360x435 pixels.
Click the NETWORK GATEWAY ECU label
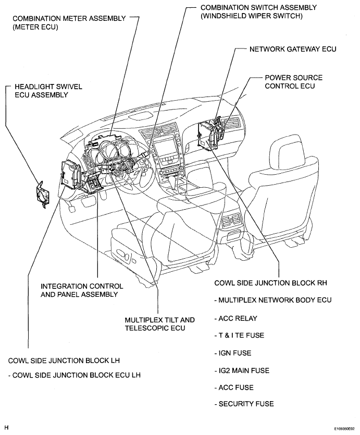(x=293, y=49)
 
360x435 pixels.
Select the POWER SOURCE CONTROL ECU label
(x=293, y=81)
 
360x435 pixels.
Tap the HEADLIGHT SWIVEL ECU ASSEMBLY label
(x=48, y=91)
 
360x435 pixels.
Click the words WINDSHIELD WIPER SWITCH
(x=252, y=16)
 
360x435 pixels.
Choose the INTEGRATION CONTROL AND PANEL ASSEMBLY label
(x=82, y=290)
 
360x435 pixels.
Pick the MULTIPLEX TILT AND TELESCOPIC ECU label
(x=159, y=324)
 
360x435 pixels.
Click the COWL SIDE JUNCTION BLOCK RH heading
(x=270, y=283)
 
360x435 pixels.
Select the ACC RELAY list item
(x=236, y=318)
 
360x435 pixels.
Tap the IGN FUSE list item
(x=233, y=353)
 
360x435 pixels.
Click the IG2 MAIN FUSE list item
(x=242, y=370)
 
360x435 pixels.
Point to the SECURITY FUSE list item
(x=244, y=404)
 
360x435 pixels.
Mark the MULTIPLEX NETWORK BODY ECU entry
(x=272, y=300)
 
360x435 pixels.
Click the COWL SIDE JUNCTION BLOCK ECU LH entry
(x=75, y=375)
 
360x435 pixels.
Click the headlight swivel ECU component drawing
(x=42, y=194)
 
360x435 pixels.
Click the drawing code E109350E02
(x=344, y=429)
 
